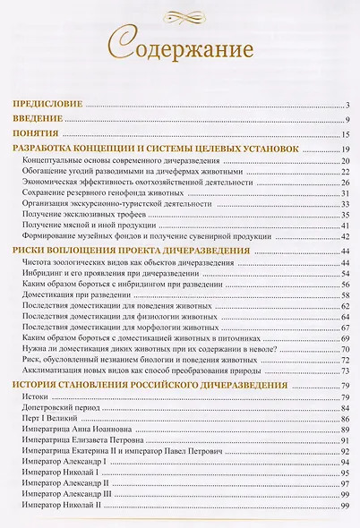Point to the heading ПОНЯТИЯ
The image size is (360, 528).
(x=36, y=133)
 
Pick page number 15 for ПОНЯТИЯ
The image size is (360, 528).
(x=344, y=133)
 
